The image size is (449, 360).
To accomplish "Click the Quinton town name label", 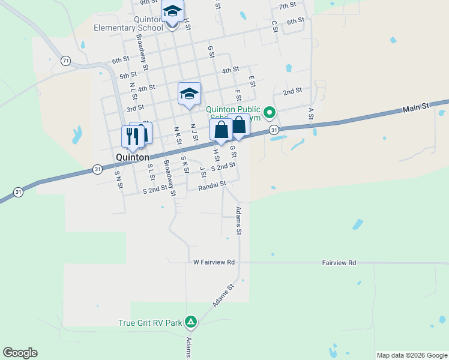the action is coord(132,157).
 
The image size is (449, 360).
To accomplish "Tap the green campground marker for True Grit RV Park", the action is coord(191,322).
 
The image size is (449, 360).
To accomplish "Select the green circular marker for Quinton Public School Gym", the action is coord(270,112).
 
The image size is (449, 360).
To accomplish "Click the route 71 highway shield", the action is coord(65,61).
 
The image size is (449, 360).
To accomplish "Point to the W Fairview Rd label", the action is coord(213,263).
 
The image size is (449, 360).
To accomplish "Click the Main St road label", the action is coord(417,107).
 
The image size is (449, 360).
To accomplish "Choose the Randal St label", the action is coord(212,187).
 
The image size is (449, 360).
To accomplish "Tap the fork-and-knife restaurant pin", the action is coord(133,136).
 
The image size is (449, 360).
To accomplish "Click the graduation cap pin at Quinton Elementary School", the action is coord(172,11).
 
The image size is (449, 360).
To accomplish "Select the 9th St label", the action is coord(148,3).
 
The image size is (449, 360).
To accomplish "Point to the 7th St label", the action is coord(288,6).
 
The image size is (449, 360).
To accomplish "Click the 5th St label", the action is coord(128,76).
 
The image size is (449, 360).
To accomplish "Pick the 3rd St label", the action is coord(135,108).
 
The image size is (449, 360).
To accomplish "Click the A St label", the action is coord(311,113).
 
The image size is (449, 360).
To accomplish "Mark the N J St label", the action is coord(194,132).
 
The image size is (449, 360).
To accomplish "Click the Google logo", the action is coord(20,353).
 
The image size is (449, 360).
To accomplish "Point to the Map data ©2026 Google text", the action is coord(411,355).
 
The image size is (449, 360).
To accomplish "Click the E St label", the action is coord(252,80).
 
